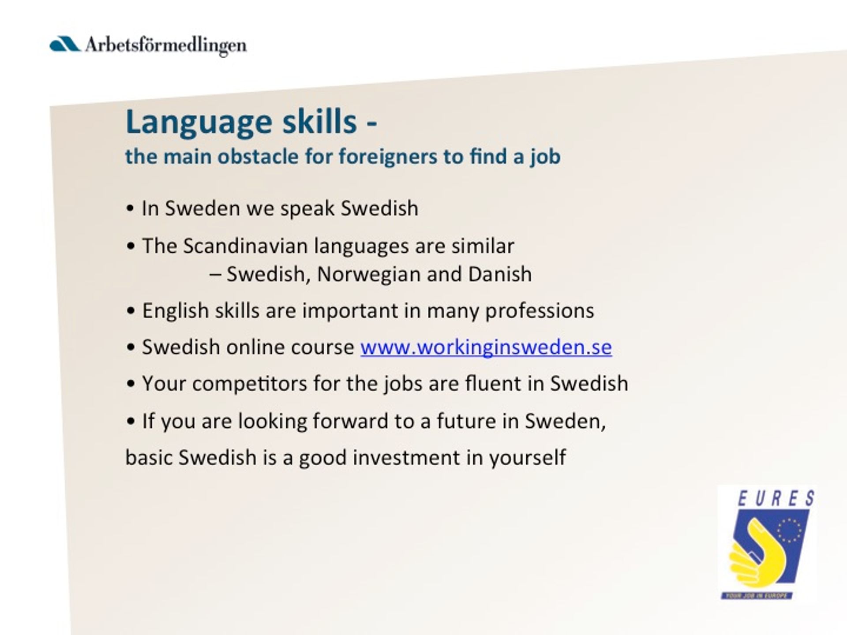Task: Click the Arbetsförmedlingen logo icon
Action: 65,45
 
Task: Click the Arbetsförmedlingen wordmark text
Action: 165,46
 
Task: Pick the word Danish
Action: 500,274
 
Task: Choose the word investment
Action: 406,457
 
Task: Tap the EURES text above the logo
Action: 776,499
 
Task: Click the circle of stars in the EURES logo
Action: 789,530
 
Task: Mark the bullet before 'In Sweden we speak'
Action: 130,209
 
